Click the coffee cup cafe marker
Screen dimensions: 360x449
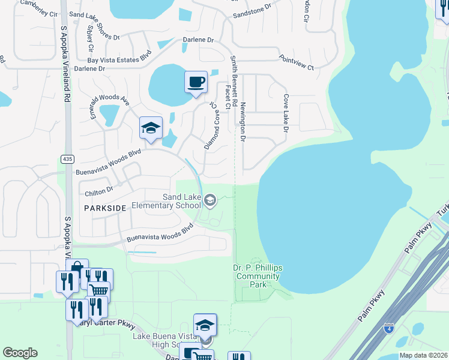tap(196, 82)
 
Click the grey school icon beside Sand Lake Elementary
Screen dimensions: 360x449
tap(210, 200)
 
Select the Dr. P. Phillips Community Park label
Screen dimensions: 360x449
tap(257, 276)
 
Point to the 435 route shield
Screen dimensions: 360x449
tap(67, 158)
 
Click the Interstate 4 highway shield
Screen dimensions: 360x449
tap(389, 328)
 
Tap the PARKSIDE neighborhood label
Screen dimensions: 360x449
tap(105, 208)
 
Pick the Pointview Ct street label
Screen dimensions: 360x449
tap(297, 63)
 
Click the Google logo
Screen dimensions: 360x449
tap(20, 353)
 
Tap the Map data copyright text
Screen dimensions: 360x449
tap(423, 355)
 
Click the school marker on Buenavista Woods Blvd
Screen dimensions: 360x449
tap(151, 128)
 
